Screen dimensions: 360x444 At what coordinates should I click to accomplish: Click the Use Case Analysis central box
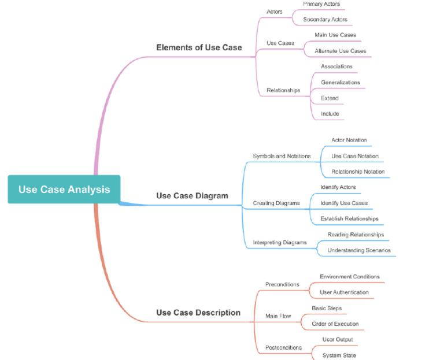click(x=64, y=190)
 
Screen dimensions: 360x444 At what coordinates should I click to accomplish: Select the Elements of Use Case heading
click(x=199, y=47)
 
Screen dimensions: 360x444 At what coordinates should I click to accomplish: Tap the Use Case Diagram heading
click(x=192, y=196)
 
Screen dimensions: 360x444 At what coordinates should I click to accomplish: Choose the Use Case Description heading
click(x=198, y=313)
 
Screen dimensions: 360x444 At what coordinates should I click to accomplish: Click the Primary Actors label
click(x=321, y=4)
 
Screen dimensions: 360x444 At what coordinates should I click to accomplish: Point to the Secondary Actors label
click(x=325, y=20)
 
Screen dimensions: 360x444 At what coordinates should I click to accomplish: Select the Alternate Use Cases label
click(x=339, y=51)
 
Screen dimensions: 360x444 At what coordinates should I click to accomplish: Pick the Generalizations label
click(x=340, y=83)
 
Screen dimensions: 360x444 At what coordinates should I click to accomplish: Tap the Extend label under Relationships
click(x=330, y=98)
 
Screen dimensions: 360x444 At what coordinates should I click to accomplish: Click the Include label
click(x=330, y=114)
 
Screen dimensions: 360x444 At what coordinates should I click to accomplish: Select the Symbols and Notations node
click(x=282, y=156)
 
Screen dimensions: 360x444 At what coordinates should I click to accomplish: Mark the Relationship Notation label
click(x=358, y=172)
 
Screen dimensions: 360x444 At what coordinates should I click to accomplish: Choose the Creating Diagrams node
click(x=276, y=203)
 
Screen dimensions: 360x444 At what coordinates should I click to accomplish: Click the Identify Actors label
click(x=338, y=187)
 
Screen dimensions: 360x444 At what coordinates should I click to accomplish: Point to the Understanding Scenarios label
click(x=359, y=250)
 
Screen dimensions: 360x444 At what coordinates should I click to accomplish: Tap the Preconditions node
click(x=282, y=284)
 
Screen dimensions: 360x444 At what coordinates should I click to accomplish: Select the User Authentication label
click(x=344, y=292)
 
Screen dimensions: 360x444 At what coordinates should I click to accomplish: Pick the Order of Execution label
click(x=335, y=324)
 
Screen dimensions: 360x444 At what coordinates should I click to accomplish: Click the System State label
click(x=339, y=355)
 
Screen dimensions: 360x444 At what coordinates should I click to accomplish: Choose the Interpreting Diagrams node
click(x=280, y=243)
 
